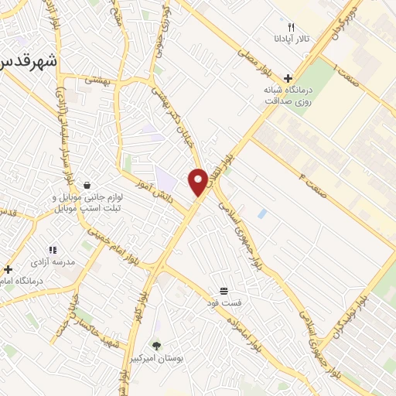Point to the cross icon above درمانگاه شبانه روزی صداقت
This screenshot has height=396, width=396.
(x=288, y=78)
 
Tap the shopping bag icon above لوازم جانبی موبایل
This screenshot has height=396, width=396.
(x=87, y=186)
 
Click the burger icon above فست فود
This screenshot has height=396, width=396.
(x=224, y=291)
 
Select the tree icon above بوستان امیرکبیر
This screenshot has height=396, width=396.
(x=157, y=346)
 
